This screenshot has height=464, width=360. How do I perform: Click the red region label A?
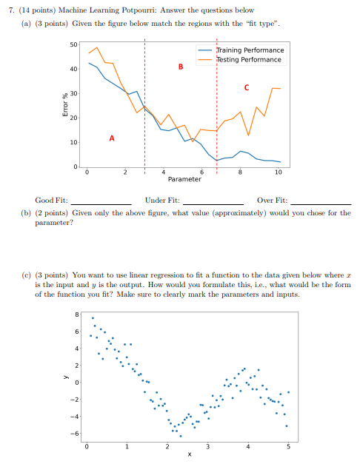tap(112, 138)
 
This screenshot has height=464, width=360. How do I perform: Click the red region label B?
tap(181, 67)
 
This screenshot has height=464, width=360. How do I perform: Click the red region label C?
tap(246, 88)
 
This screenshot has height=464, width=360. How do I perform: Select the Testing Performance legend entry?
tap(247, 59)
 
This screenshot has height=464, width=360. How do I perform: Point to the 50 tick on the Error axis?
tap(73, 45)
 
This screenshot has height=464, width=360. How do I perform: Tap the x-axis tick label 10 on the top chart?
tap(278, 172)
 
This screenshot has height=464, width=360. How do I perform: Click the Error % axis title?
tap(66, 105)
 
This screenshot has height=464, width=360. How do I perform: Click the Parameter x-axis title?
tap(184, 179)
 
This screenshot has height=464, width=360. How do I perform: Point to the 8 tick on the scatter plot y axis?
tap(76, 314)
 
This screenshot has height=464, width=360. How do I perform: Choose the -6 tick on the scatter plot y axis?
tap(74, 433)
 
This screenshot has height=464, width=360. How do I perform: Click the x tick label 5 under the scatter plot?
tap(289, 447)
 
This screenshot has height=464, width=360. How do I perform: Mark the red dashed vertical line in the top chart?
tap(217, 104)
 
